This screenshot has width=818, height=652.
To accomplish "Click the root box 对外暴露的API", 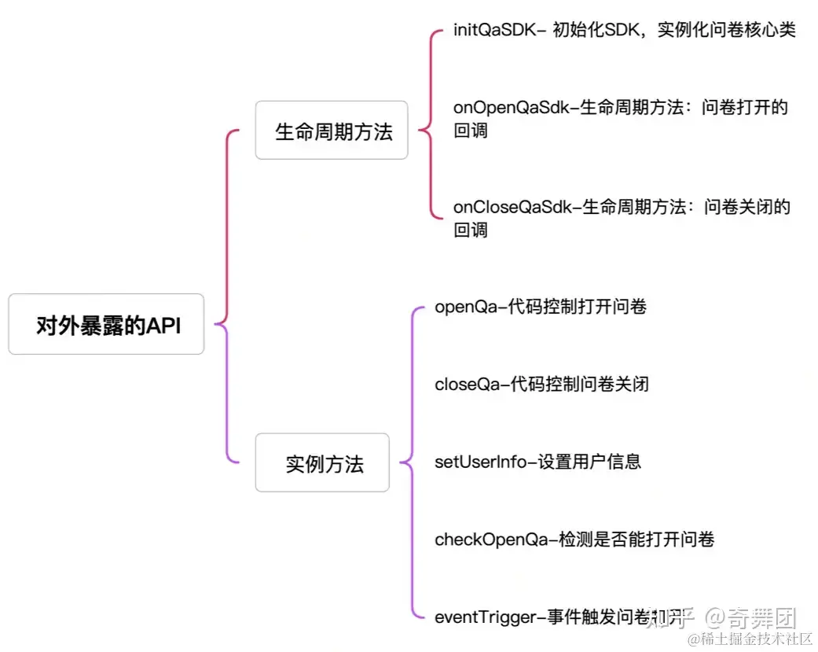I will [x=106, y=324].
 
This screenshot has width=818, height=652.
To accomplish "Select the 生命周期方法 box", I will [x=332, y=131].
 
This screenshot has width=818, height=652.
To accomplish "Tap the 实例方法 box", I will [x=322, y=462].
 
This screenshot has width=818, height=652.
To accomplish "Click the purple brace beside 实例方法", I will [x=410, y=462].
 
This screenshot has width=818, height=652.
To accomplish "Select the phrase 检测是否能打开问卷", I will [x=636, y=539].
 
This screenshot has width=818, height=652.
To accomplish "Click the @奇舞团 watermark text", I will [x=750, y=617].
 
